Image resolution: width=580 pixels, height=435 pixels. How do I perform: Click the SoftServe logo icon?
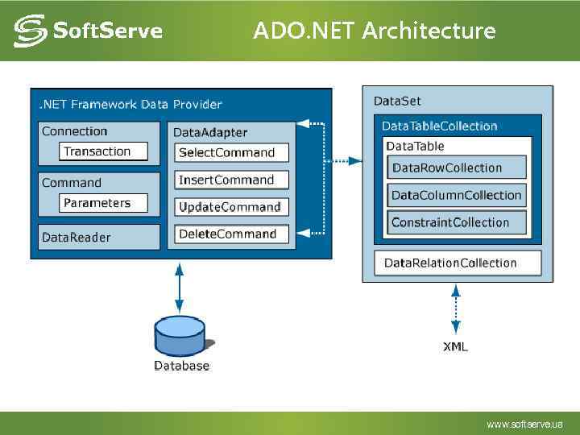(30, 31)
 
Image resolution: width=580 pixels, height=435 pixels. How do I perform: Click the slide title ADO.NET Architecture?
(374, 31)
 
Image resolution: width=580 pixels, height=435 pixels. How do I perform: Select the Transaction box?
(104, 151)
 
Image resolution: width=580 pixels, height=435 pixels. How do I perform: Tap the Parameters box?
(104, 203)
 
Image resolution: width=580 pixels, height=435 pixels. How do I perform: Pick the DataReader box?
(98, 237)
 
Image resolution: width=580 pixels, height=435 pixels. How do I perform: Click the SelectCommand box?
(231, 152)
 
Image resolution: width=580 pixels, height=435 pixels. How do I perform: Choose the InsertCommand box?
(231, 180)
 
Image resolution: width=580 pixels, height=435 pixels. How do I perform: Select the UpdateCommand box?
(231, 207)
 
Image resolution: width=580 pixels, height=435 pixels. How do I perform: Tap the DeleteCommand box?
(231, 234)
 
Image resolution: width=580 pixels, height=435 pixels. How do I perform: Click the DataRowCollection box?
(457, 168)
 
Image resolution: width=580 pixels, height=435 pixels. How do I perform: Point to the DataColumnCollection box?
(457, 195)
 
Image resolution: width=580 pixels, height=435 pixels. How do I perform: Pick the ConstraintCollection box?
(457, 222)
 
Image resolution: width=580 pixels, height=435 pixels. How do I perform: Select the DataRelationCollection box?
(457, 263)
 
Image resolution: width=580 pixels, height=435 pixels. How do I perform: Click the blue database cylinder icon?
(180, 336)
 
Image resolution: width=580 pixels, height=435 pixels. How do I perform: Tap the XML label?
(455, 346)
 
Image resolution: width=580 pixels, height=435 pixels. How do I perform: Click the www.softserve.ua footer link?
(524, 424)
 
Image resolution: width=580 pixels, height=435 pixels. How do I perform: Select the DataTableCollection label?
(439, 126)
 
